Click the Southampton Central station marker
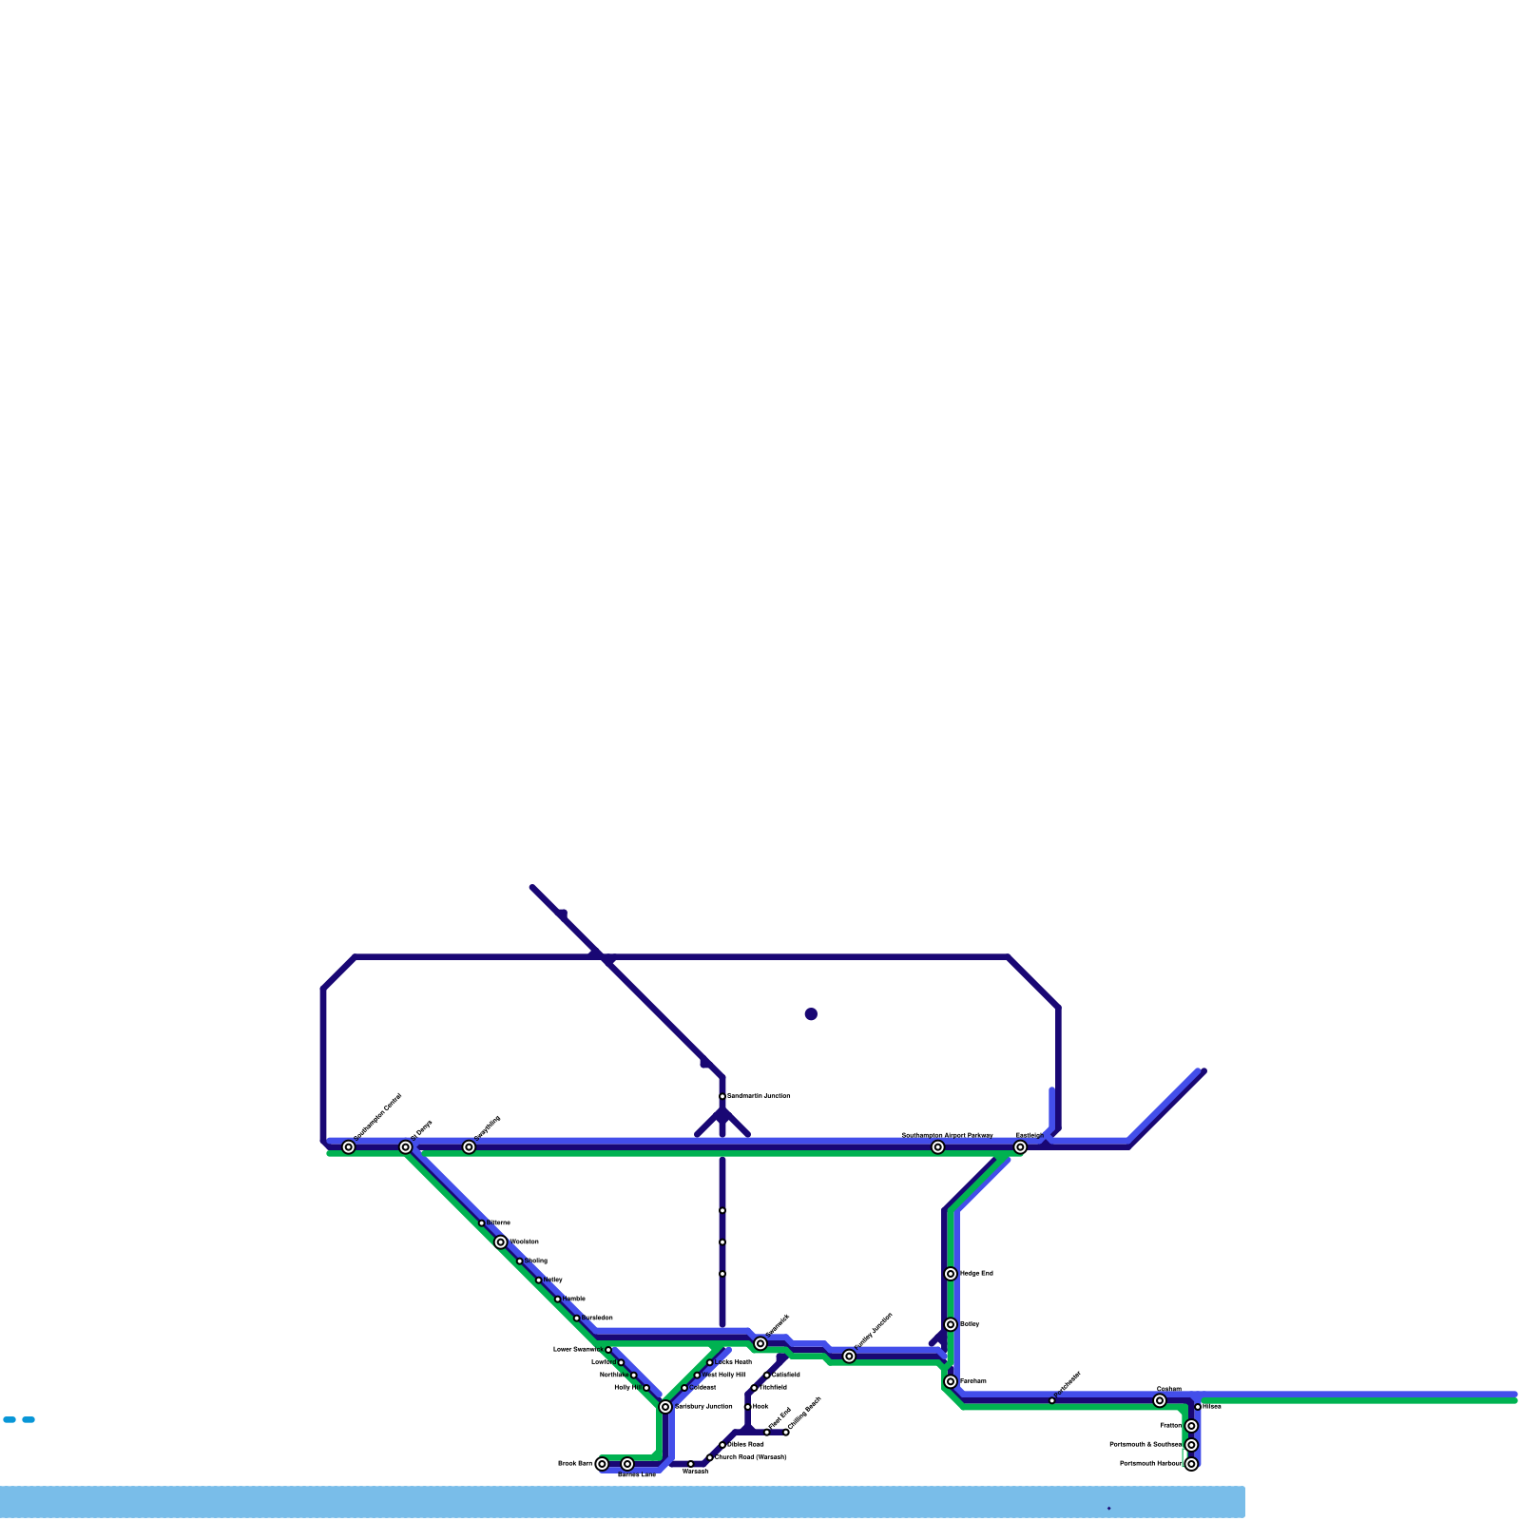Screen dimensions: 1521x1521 (x=349, y=1147)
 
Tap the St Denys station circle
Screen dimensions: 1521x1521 (x=406, y=1147)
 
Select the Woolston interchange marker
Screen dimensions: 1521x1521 (x=501, y=1242)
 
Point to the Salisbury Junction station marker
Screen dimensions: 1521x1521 (x=665, y=1407)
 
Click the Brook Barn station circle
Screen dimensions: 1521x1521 (x=602, y=1464)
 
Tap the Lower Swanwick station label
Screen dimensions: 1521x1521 (x=578, y=1350)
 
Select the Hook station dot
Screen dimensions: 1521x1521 (x=748, y=1407)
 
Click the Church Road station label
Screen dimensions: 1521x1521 (x=750, y=1457)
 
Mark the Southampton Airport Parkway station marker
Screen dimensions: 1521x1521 (x=938, y=1147)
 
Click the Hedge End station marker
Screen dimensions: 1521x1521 (x=951, y=1274)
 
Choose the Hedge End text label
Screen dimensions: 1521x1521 (x=976, y=1274)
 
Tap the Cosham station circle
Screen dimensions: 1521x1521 (x=1160, y=1401)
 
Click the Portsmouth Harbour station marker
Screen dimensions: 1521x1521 (x=1191, y=1464)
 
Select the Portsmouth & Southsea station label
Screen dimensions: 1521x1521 (x=1146, y=1445)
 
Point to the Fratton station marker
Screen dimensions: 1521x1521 (x=1191, y=1426)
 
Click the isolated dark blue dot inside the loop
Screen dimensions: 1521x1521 (x=811, y=1014)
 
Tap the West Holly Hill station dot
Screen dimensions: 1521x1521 (x=697, y=1376)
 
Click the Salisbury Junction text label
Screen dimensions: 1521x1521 (x=703, y=1407)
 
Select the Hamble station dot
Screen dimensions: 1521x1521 (x=558, y=1300)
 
